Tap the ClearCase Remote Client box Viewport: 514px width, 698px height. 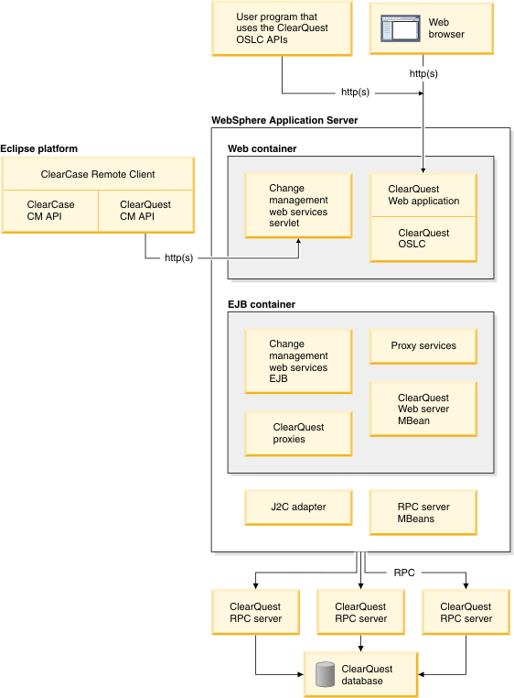click(x=98, y=174)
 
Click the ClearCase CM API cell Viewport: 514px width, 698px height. click(x=50, y=211)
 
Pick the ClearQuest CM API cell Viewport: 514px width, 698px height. click(x=145, y=211)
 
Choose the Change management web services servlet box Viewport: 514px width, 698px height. click(x=298, y=206)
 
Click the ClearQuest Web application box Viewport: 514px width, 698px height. click(x=423, y=195)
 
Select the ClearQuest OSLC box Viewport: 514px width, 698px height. click(x=423, y=239)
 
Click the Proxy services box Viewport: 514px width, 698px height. click(x=423, y=346)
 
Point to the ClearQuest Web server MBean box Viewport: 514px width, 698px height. click(x=423, y=409)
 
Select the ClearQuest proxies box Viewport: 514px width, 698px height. click(x=298, y=433)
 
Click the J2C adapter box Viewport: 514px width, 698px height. click(x=298, y=507)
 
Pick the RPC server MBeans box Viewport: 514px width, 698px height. click(x=423, y=513)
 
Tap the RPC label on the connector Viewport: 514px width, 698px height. click(x=404, y=573)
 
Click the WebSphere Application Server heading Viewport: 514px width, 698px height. click(x=284, y=120)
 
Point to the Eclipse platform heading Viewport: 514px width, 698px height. click(x=39, y=148)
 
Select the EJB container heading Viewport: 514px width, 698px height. click(x=261, y=304)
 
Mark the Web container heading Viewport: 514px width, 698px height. click(x=262, y=148)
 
